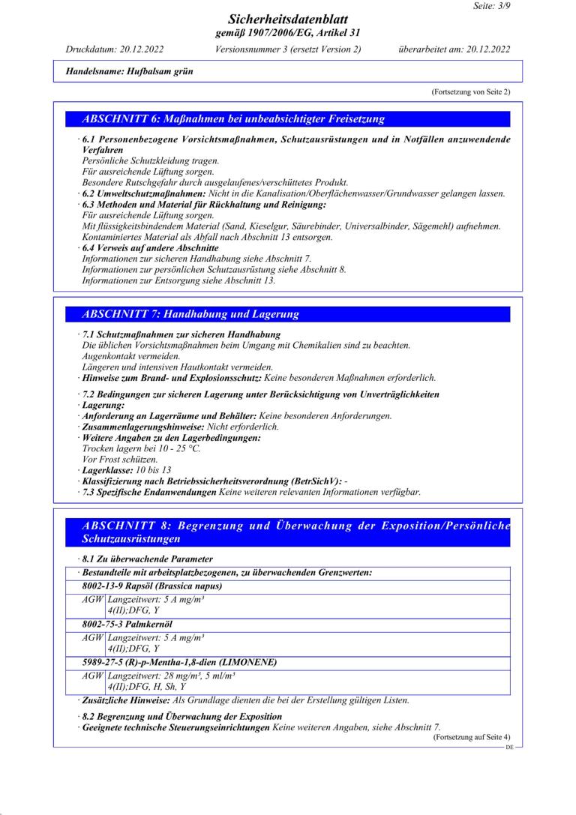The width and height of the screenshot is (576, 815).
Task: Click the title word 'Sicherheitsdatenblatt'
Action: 288,19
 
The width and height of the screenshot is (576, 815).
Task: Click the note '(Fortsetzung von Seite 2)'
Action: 470,91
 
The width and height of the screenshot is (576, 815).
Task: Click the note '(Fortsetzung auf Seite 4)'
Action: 470,738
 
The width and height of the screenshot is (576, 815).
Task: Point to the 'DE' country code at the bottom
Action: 509,748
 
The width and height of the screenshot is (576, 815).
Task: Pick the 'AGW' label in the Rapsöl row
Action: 94,600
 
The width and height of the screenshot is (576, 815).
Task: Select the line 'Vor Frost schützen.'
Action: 119,459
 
